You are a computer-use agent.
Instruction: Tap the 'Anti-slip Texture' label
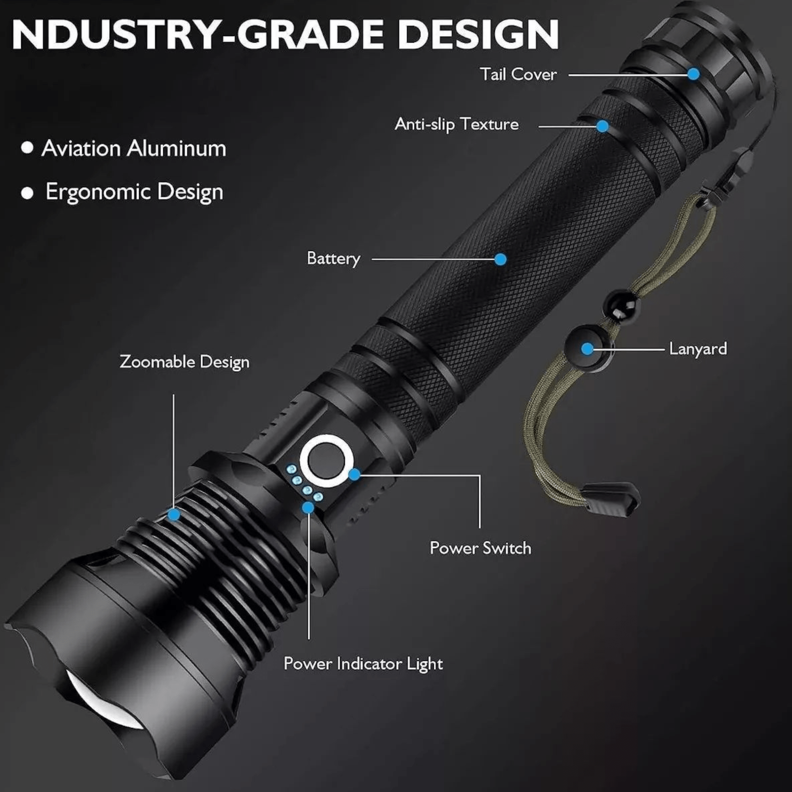coord(456,124)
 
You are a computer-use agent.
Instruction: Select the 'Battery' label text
coord(333,259)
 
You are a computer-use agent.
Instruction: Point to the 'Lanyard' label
coord(698,349)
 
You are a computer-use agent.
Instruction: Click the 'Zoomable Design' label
coord(185,362)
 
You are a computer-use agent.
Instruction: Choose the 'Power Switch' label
coord(480,548)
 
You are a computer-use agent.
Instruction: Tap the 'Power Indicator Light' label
coord(363,663)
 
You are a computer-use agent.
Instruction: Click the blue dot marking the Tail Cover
coord(693,74)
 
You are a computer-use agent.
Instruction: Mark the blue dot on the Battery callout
coord(500,259)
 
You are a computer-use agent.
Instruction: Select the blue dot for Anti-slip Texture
coord(602,126)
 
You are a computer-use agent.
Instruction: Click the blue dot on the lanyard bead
coord(587,349)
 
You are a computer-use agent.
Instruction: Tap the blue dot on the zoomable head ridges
coord(174,514)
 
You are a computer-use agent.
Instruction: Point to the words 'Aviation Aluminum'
coord(133,148)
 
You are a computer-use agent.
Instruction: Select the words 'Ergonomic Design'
coord(135,192)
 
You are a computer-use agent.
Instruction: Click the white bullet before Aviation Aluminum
coord(27,148)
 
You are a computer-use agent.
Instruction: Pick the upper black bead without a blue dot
coord(621,305)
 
